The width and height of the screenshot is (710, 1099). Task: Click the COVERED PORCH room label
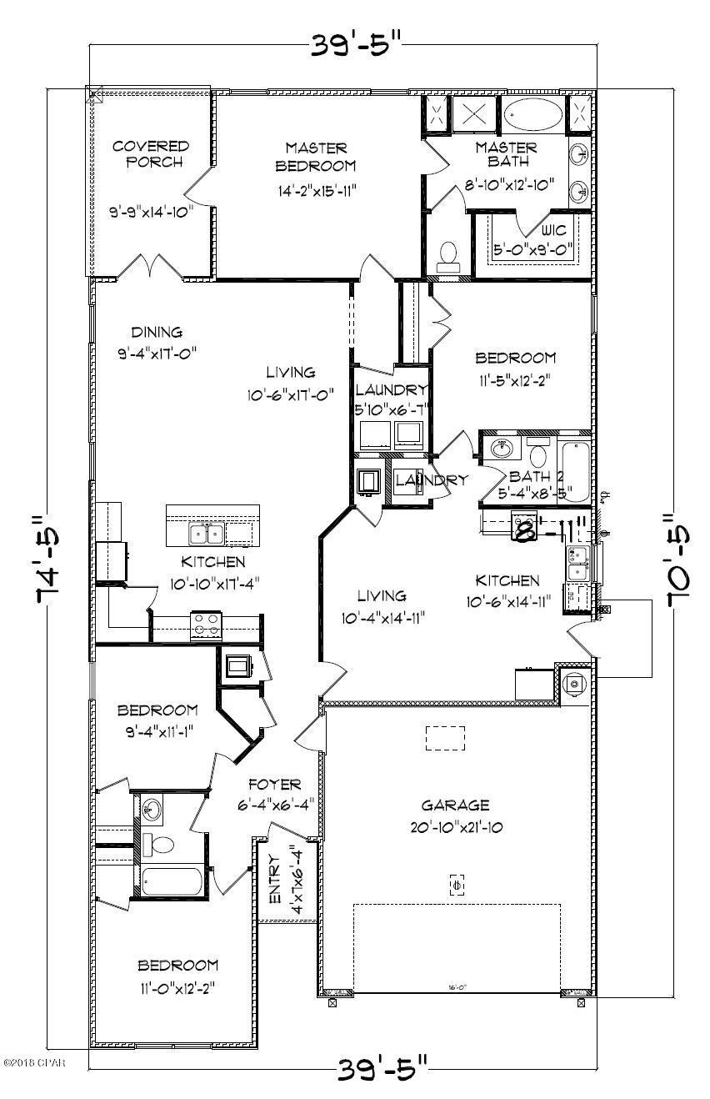pyautogui.click(x=151, y=154)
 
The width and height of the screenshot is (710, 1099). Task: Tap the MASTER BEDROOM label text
pyautogui.click(x=316, y=156)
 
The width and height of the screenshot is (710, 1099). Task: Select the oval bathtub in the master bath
pyautogui.click(x=533, y=114)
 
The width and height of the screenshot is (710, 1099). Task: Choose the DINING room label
pyautogui.click(x=156, y=332)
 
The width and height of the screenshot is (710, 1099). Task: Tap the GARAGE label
pyautogui.click(x=454, y=805)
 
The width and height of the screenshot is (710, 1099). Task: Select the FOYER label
pyautogui.click(x=275, y=785)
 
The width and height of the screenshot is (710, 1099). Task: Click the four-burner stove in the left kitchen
pyautogui.click(x=205, y=625)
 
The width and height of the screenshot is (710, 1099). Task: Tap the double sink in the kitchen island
pyautogui.click(x=205, y=532)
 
